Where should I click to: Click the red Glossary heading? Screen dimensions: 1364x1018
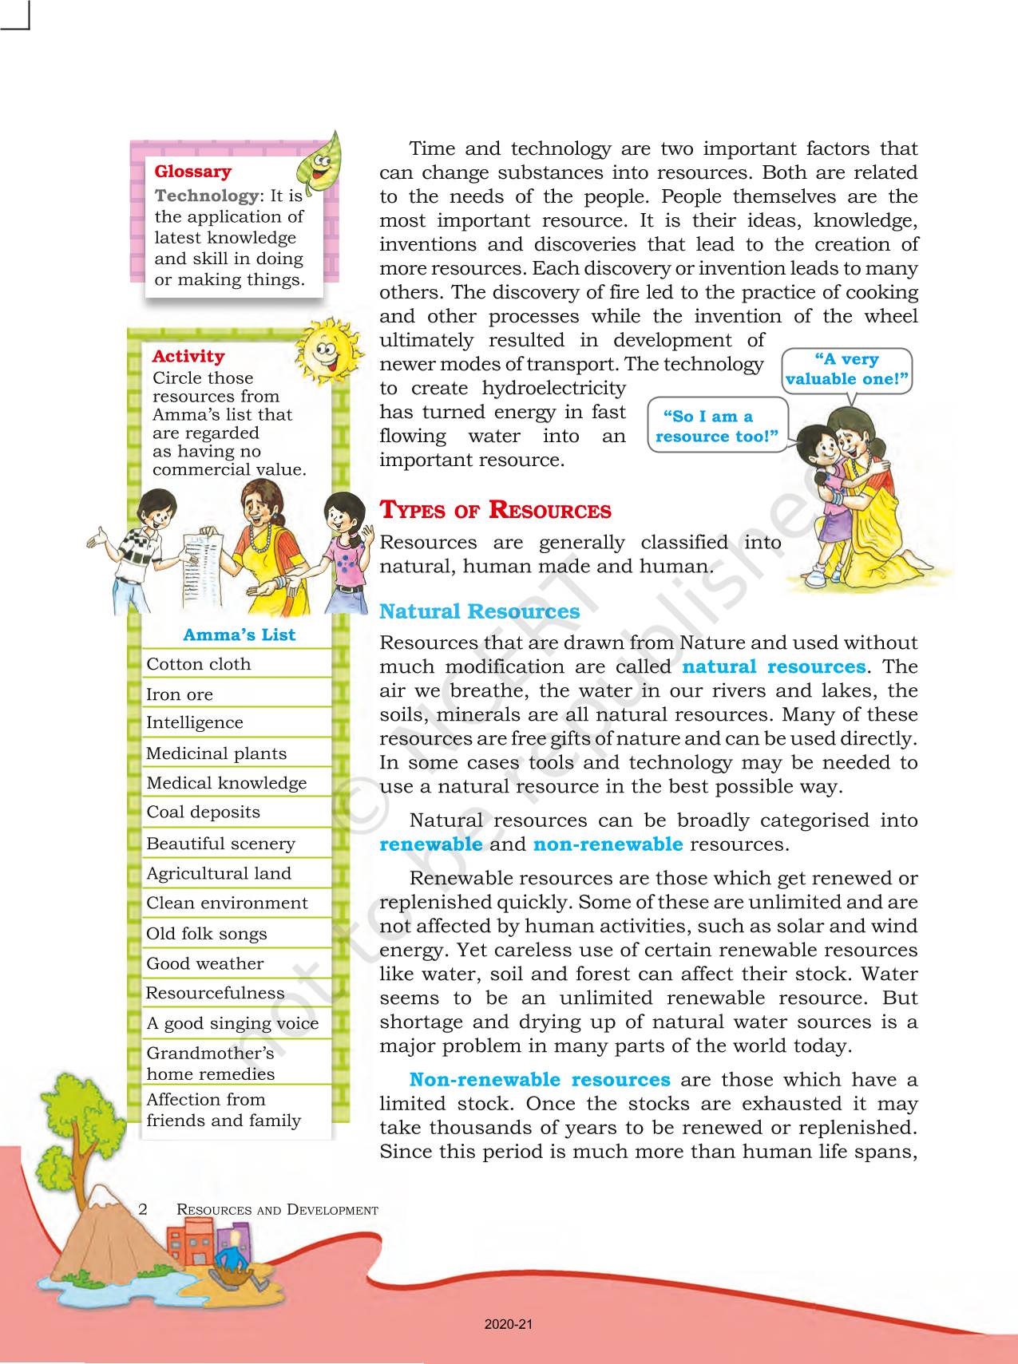[192, 172]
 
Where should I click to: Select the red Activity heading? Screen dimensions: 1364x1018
[188, 357]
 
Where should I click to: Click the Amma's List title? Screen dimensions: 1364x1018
[239, 635]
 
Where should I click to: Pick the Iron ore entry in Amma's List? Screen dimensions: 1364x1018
[180, 694]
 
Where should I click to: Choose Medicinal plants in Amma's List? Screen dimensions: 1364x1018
[216, 753]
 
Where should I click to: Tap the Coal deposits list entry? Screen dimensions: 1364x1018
[203, 812]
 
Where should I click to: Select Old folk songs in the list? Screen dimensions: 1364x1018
[206, 934]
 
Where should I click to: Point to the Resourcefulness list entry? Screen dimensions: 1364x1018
[215, 994]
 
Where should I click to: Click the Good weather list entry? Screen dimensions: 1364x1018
[204, 964]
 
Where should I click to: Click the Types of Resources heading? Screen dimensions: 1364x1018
[495, 511]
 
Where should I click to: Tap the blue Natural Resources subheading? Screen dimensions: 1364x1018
[479, 612]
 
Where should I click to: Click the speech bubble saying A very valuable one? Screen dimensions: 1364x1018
[847, 370]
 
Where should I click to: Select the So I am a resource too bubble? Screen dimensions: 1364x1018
[716, 426]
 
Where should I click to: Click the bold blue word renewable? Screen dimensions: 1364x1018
[431, 844]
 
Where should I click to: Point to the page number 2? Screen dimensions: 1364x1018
[143, 1209]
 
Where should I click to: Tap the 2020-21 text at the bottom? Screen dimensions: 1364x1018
[509, 1325]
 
